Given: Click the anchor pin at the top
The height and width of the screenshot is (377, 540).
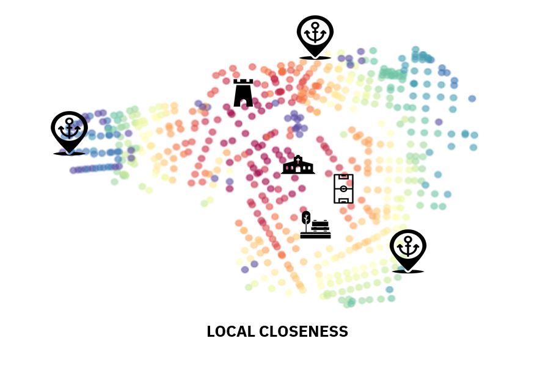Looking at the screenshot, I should point(315,36).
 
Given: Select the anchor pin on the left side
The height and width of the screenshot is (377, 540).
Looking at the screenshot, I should point(69,132).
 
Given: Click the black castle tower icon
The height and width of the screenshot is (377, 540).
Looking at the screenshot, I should point(243,94).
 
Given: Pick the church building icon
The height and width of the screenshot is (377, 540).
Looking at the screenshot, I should point(298,166).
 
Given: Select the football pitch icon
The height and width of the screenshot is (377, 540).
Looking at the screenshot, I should point(343,189).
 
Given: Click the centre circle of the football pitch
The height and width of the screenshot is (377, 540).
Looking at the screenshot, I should point(343,189).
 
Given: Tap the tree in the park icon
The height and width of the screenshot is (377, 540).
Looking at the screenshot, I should point(306,218).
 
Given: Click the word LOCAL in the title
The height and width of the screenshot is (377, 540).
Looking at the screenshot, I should point(230,332).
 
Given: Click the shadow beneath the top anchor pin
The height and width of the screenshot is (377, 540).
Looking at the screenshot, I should point(315,58).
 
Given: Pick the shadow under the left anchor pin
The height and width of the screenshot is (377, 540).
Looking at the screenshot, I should point(69,153).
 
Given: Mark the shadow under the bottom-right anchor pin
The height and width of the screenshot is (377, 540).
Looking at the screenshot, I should point(407,271).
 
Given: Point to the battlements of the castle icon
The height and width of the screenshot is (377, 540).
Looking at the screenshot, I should point(243,82).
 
